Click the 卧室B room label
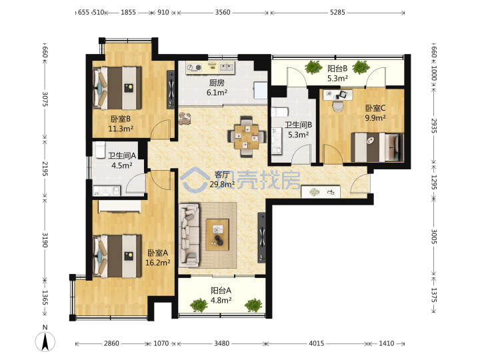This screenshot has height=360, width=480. (x=121, y=119)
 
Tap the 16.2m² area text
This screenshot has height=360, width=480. (x=157, y=263)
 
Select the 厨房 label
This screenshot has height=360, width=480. (x=217, y=83)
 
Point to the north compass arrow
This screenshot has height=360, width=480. (x=45, y=341)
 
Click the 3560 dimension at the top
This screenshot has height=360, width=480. (x=223, y=12)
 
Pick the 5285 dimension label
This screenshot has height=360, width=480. (x=337, y=12)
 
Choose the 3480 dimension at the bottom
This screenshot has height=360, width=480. (x=221, y=343)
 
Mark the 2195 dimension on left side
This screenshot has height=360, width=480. (x=45, y=169)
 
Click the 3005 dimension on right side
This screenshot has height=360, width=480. (x=434, y=237)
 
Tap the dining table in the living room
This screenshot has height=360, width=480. (x=247, y=137)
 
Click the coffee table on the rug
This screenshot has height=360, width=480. (x=217, y=234)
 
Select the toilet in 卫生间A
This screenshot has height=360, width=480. (x=100, y=150)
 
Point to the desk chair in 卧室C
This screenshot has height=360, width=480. (x=338, y=106)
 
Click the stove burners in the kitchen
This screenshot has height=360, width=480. (x=195, y=67)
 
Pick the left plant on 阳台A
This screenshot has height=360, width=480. (x=199, y=305)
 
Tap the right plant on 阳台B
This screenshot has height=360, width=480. (x=361, y=67)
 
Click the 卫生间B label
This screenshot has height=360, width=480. (x=298, y=125)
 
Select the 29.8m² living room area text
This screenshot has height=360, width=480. (x=222, y=184)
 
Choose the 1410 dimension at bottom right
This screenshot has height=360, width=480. (x=386, y=343)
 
